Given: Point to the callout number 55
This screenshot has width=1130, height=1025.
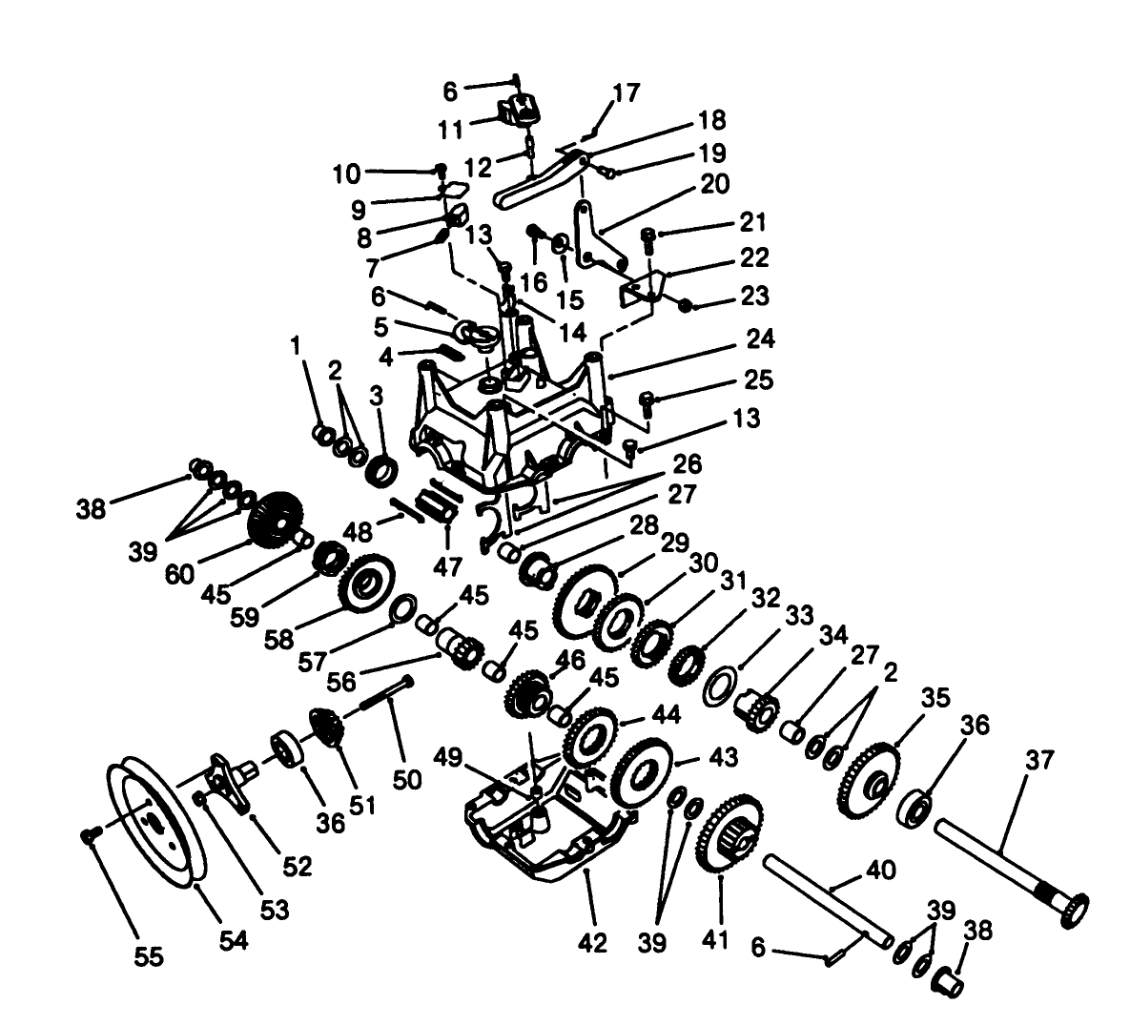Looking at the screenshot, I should (148, 954).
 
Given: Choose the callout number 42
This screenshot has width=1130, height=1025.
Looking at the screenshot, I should (591, 943).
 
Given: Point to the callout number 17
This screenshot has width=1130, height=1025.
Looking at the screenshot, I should (627, 92).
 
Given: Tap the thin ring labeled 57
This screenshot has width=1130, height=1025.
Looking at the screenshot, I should (403, 606).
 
